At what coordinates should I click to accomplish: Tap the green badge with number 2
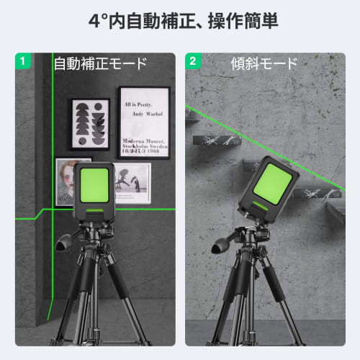(192, 60)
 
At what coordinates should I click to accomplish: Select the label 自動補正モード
(100, 63)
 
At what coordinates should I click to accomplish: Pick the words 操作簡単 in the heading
(238, 19)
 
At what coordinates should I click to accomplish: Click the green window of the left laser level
(94, 184)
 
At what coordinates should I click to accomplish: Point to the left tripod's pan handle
(66, 240)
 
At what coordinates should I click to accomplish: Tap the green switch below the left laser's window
(94, 210)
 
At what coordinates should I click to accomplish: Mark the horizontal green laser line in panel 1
(29, 212)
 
